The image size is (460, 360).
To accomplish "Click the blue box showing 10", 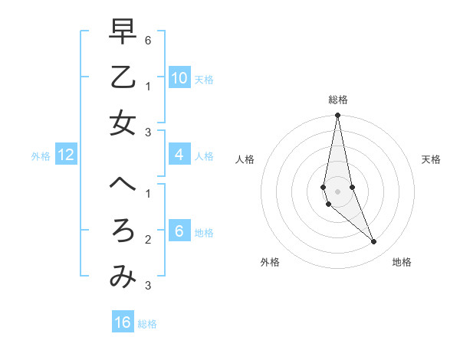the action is pos(179,77).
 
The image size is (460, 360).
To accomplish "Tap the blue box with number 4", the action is pos(179,155).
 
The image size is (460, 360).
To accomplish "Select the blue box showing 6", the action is pos(179,231).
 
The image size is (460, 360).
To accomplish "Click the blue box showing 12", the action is pos(66,155).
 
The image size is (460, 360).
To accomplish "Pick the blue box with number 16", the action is pos(123,322).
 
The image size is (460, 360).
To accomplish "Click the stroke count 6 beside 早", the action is pos(147,40).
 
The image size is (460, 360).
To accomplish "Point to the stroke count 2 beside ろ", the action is pos(147,240).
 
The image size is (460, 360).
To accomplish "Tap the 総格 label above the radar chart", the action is pos(337,100).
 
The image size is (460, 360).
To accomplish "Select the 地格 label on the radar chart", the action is pos(402,262).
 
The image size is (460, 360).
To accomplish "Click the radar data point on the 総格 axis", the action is pos(337,116).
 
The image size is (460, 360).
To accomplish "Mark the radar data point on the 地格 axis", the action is pos(374,242).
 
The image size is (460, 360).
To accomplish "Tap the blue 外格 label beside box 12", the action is pos(41,156).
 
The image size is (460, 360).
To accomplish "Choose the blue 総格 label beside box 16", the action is pos(147,324).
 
